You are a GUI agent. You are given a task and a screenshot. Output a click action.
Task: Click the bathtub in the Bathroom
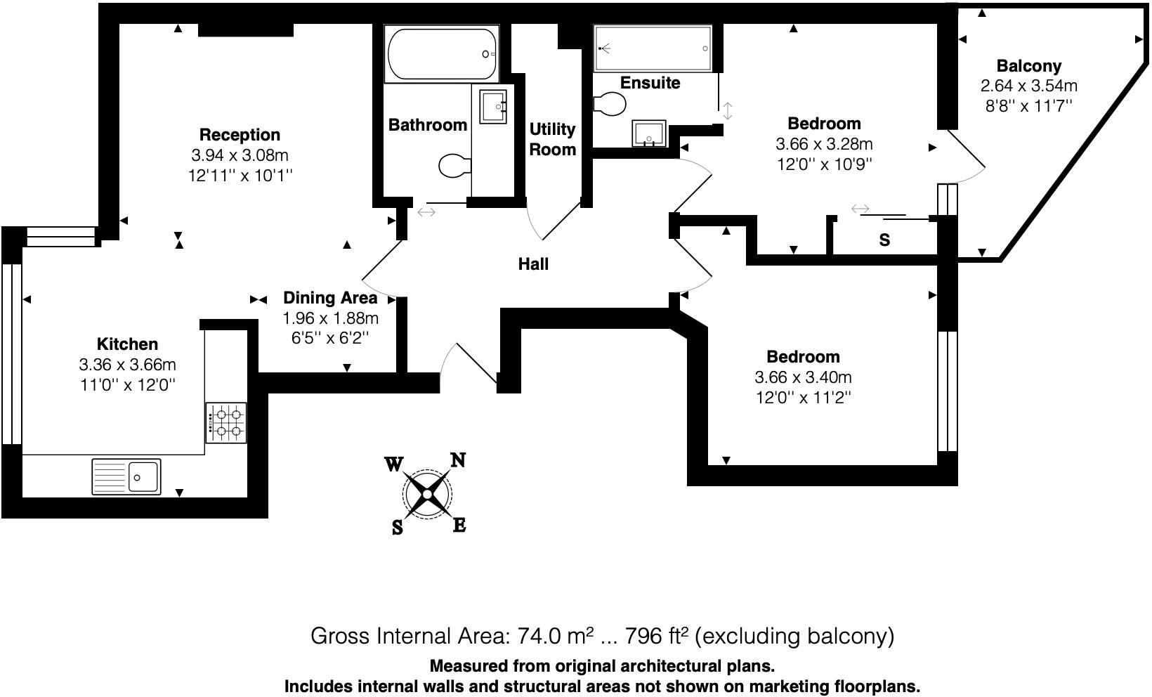coord(442,54)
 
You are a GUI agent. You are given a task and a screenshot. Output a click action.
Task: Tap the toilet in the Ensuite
coord(609,105)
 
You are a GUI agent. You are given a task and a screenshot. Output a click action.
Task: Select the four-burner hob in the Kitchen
coord(226,422)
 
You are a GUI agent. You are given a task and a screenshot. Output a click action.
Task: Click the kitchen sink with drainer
coord(126,476)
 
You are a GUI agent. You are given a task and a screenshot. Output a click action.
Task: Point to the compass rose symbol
coord(427,495)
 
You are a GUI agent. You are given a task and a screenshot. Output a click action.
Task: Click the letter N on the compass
coord(458,460)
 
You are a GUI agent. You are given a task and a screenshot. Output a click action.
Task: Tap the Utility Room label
coord(552,139)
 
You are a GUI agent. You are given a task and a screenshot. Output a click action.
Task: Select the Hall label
coord(533,264)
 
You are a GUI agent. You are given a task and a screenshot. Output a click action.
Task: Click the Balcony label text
coord(1028,66)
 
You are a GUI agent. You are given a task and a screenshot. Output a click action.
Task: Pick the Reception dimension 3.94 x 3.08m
coord(240,155)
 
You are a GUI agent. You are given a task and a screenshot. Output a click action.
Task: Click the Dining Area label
coord(329,298)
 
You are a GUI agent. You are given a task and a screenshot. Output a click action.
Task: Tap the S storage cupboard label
coord(884,240)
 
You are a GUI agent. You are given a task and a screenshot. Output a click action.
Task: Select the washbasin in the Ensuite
coord(649,133)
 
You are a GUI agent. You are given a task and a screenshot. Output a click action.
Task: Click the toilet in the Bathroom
coord(454,166)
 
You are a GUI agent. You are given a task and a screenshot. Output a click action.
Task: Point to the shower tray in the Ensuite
coord(653,48)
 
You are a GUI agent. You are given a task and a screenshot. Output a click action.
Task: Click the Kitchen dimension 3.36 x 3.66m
coord(127,365)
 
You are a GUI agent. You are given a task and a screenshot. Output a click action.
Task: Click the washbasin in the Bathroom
coord(492,106)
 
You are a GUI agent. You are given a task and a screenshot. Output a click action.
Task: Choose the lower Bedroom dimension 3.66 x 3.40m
coord(803,377)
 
